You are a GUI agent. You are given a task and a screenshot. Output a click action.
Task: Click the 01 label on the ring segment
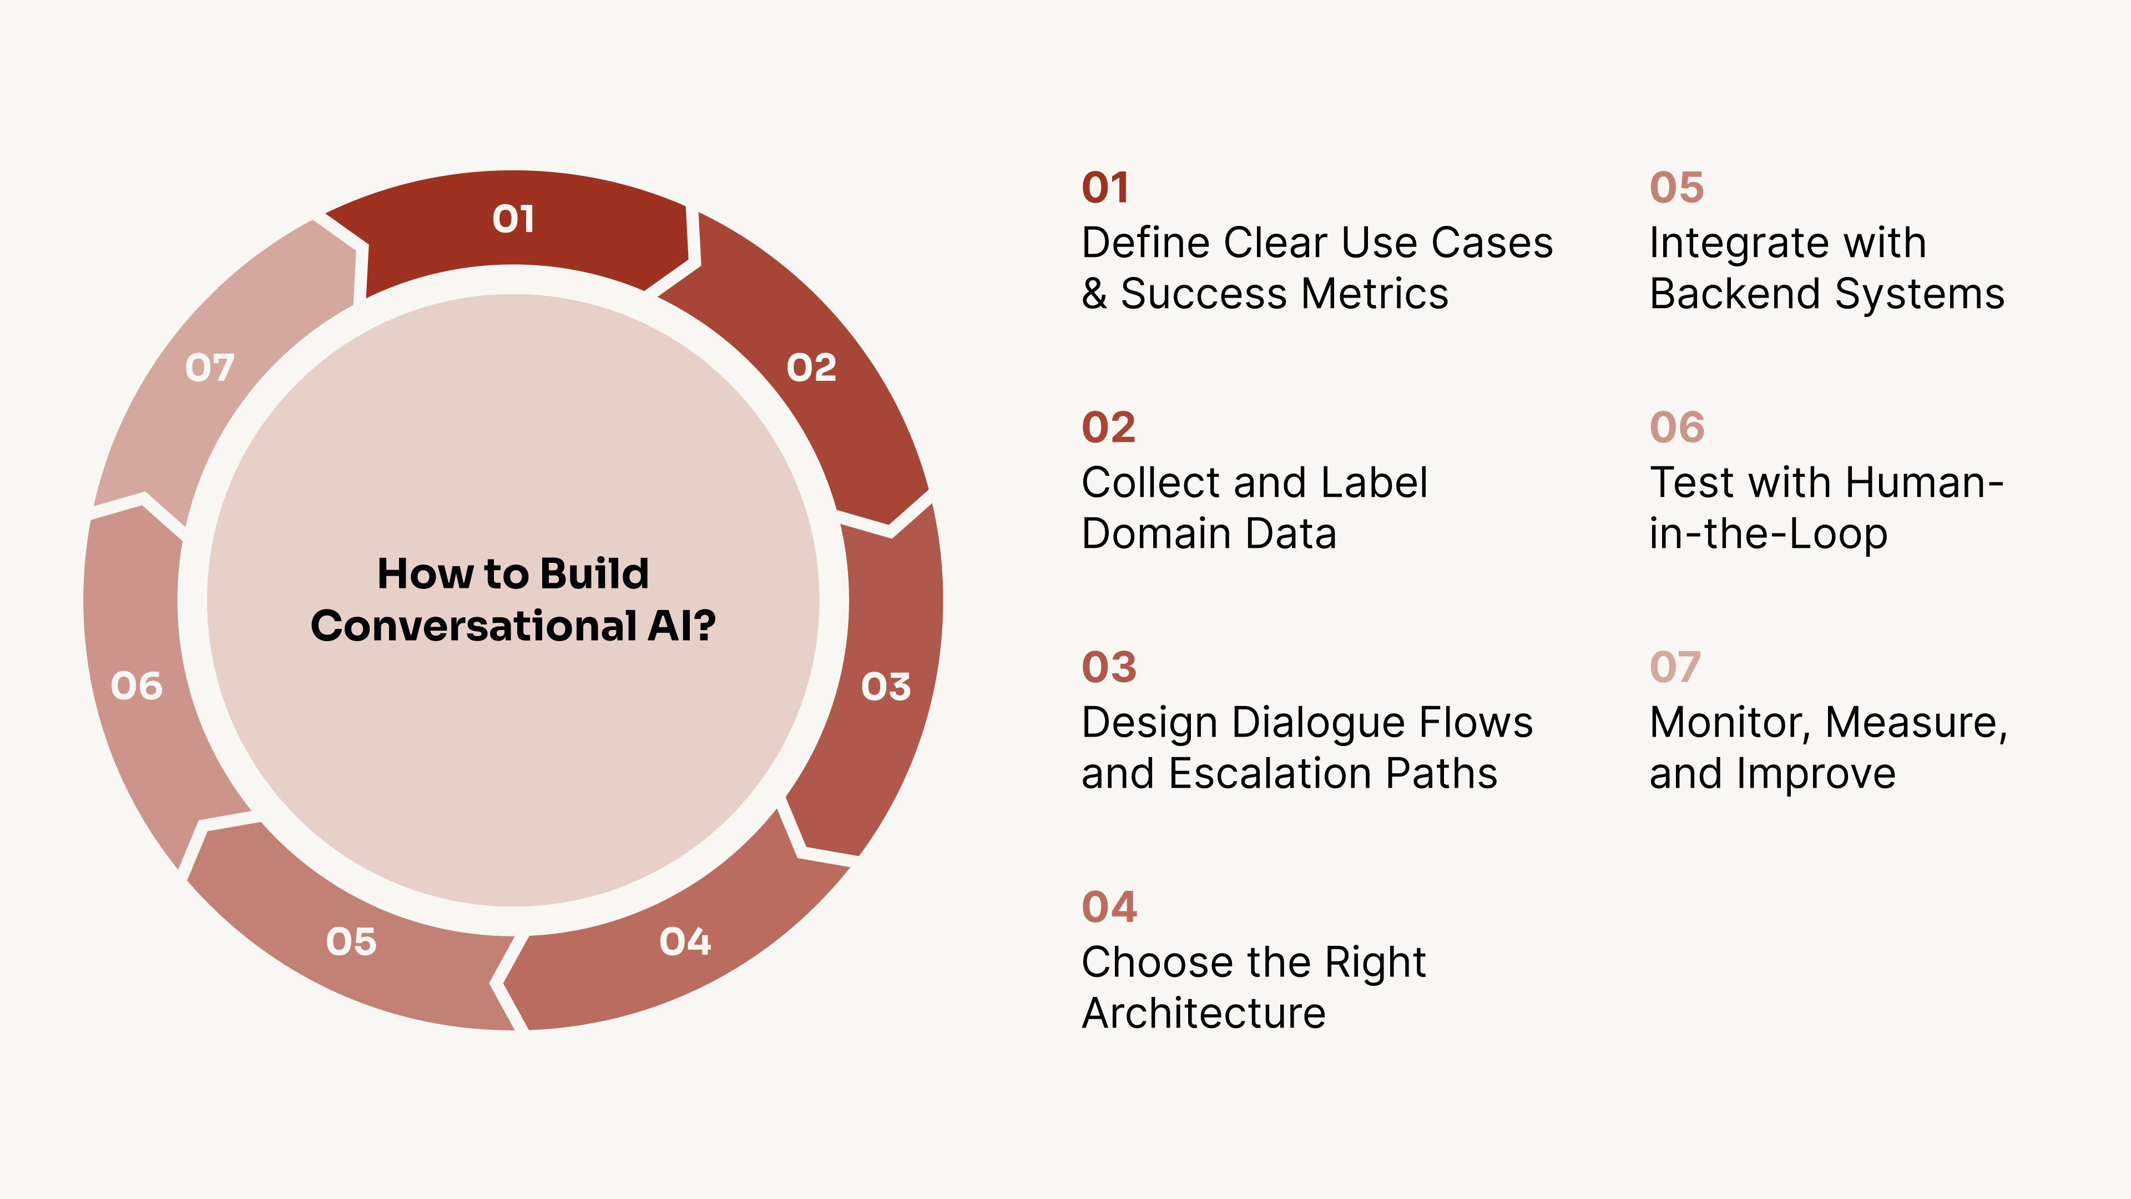click(x=513, y=219)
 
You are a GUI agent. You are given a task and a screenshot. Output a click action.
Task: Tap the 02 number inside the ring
click(x=811, y=367)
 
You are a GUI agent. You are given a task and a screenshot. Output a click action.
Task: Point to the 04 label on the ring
click(x=685, y=941)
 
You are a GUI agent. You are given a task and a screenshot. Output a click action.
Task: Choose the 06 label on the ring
click(x=137, y=686)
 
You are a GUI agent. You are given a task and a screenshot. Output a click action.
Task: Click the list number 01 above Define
click(x=1105, y=188)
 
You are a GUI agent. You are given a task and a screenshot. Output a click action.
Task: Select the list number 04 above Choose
click(x=1109, y=907)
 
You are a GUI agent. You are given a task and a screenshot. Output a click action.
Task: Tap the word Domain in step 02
click(x=1155, y=533)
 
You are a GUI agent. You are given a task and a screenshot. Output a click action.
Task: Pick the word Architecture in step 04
click(x=1204, y=1013)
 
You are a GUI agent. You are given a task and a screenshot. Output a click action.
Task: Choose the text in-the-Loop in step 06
click(x=1768, y=533)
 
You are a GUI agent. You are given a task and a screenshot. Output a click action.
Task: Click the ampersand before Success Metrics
click(x=1094, y=294)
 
